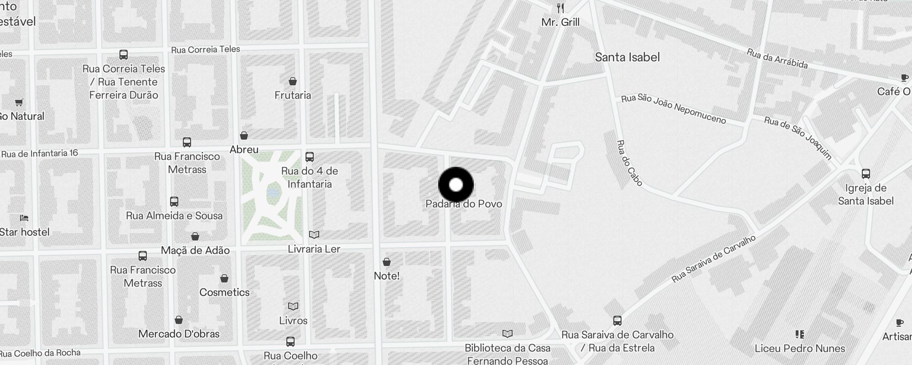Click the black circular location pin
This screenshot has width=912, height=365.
tap(456, 185)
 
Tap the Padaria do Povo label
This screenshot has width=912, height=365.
tap(464, 204)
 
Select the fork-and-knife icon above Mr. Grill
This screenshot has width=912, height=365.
tap(560, 8)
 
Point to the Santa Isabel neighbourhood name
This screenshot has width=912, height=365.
tap(627, 57)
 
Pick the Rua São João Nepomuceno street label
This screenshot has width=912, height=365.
tap(674, 109)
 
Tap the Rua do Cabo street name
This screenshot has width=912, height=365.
tap(629, 163)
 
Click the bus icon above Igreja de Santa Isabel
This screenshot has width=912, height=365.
tap(865, 174)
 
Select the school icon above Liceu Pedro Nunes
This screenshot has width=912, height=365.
tap(799, 334)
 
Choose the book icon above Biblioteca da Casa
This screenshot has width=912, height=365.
tap(507, 334)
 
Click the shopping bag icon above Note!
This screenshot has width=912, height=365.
tap(387, 262)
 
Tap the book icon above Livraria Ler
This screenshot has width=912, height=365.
tap(314, 235)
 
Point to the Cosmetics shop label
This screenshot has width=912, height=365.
tap(224, 292)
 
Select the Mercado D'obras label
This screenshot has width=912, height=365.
tap(179, 334)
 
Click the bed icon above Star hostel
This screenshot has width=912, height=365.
tap(24, 218)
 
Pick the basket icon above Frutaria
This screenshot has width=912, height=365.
tap(293, 81)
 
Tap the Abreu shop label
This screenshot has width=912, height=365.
tap(244, 150)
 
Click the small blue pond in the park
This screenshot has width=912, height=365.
tap(272, 193)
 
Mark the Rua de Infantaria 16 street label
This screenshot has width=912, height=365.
tap(40, 154)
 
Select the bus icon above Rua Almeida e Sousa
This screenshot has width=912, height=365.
tap(174, 202)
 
